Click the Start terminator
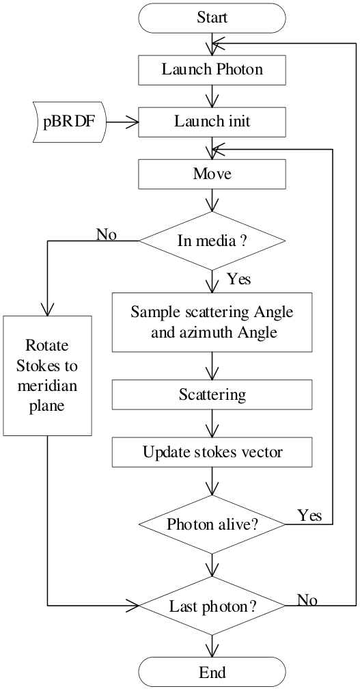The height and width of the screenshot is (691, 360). coord(212,18)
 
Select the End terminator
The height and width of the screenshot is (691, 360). coord(212,673)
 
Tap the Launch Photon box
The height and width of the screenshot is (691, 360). coord(212,70)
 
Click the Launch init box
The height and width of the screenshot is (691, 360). coord(212,121)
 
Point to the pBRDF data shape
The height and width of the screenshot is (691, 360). coord(70,121)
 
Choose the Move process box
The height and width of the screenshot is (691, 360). coord(212,174)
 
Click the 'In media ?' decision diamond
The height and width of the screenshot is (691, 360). coord(212,241)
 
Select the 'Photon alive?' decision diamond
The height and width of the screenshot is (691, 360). coord(212,524)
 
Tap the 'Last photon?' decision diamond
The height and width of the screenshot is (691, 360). coord(212,606)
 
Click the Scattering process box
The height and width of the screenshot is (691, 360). coord(212,394)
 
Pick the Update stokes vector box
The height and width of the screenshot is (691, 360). coord(212,452)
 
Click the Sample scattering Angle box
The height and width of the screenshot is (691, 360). coord(212,322)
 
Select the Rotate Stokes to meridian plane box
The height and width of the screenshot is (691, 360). coord(47,376)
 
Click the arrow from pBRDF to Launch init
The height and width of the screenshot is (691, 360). coord(123,121)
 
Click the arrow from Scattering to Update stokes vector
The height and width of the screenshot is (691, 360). coord(212,424)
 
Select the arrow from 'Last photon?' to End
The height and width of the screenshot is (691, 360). coord(212,646)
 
